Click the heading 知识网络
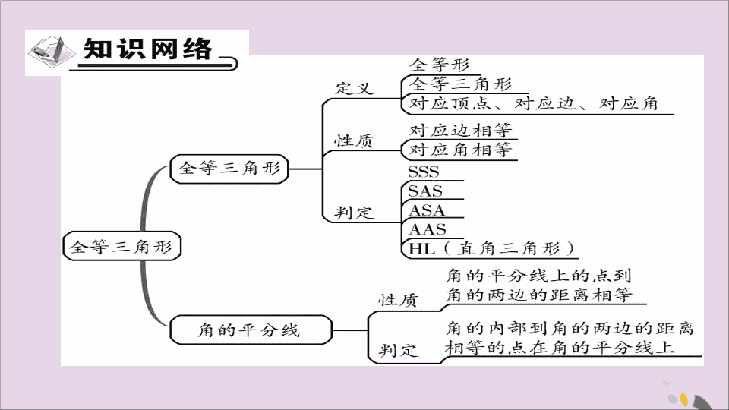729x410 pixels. coord(148,49)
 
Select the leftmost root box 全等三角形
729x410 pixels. coord(121,246)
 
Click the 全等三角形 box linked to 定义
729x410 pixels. coord(229,169)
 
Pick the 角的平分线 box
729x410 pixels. coord(251,330)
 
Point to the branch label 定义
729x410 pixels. coord(355,88)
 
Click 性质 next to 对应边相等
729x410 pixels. coord(353,140)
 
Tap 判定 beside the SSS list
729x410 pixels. coord(353,213)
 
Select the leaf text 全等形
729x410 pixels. coord(439,65)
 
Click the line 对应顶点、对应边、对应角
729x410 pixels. coord(533,103)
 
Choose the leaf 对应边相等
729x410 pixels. coord(460,130)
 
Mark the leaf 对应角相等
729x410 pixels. coord(460,150)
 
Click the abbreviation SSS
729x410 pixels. coord(423,172)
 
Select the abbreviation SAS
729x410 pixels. coord(425,191)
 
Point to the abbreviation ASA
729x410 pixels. coord(426,210)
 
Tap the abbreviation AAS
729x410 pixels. coord(428,229)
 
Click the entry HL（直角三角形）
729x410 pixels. coord(491,248)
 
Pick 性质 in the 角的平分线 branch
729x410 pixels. coord(398,301)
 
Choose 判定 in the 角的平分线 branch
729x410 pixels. coord(398,350)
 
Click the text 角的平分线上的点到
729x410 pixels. coord(538,276)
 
